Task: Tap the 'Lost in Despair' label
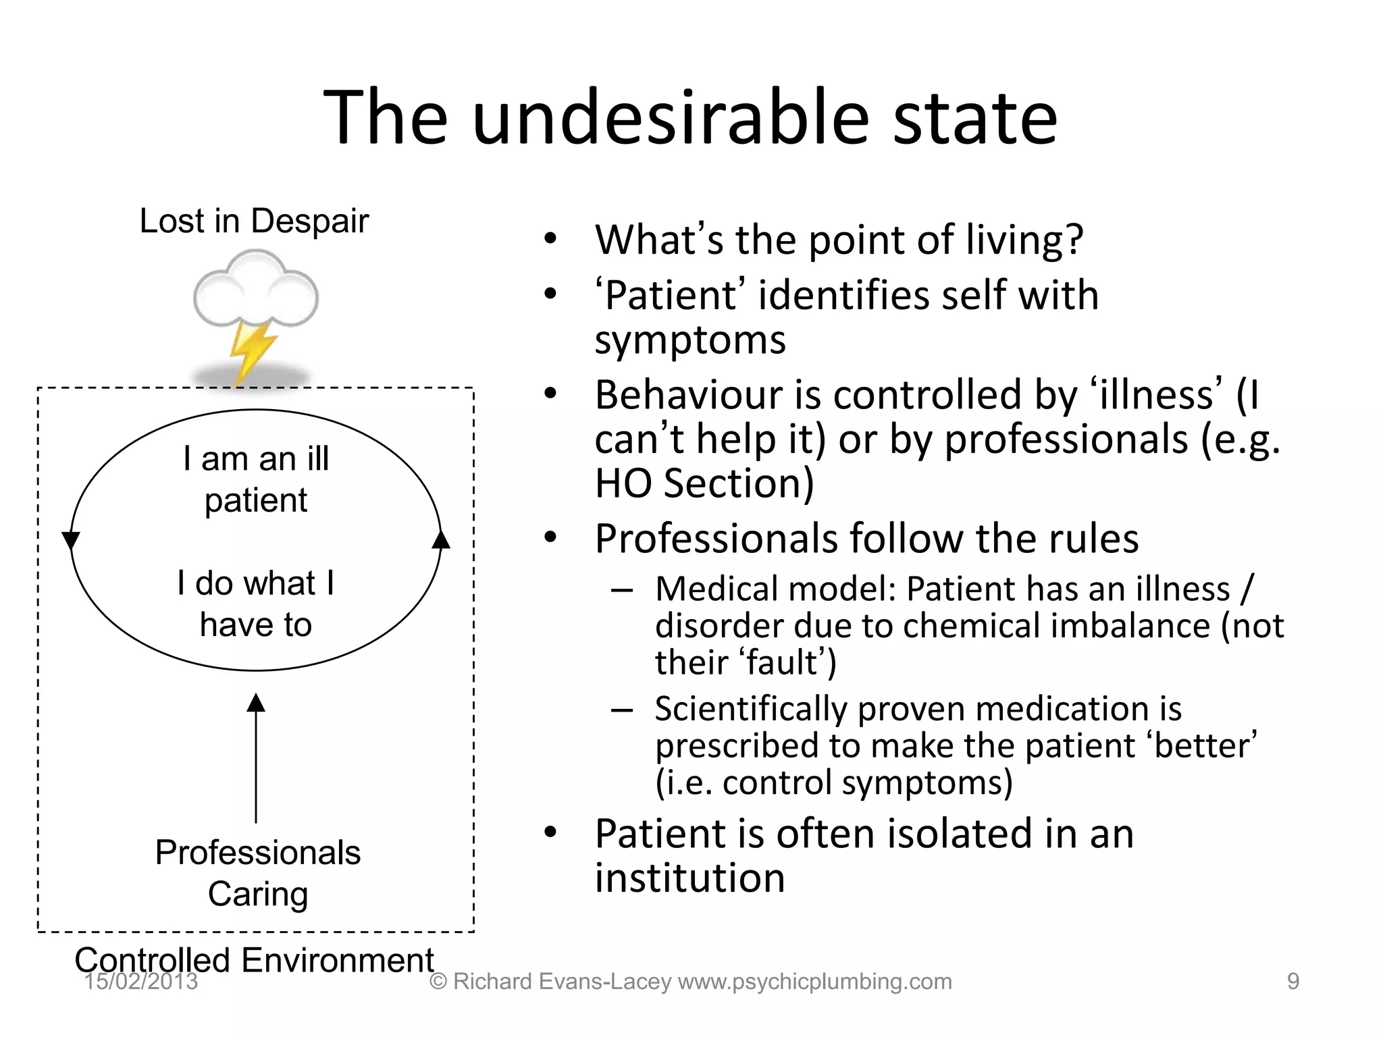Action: pyautogui.click(x=254, y=221)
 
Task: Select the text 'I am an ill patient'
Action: pyautogui.click(x=256, y=479)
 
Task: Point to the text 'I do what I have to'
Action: pyautogui.click(x=256, y=604)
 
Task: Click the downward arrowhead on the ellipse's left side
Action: pyautogui.click(x=71, y=540)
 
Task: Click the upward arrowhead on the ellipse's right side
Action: pyautogui.click(x=441, y=539)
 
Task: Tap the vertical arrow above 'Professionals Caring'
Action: pyautogui.click(x=256, y=756)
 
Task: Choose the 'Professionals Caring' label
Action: pyautogui.click(x=257, y=873)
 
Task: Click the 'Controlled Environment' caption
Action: pyautogui.click(x=254, y=959)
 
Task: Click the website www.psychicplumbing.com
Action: pyautogui.click(x=815, y=982)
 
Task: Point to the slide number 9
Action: pyautogui.click(x=1293, y=982)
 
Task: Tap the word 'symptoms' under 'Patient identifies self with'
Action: pyautogui.click(x=690, y=340)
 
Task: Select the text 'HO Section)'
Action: pyautogui.click(x=704, y=483)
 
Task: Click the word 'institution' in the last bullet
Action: pyautogui.click(x=689, y=878)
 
